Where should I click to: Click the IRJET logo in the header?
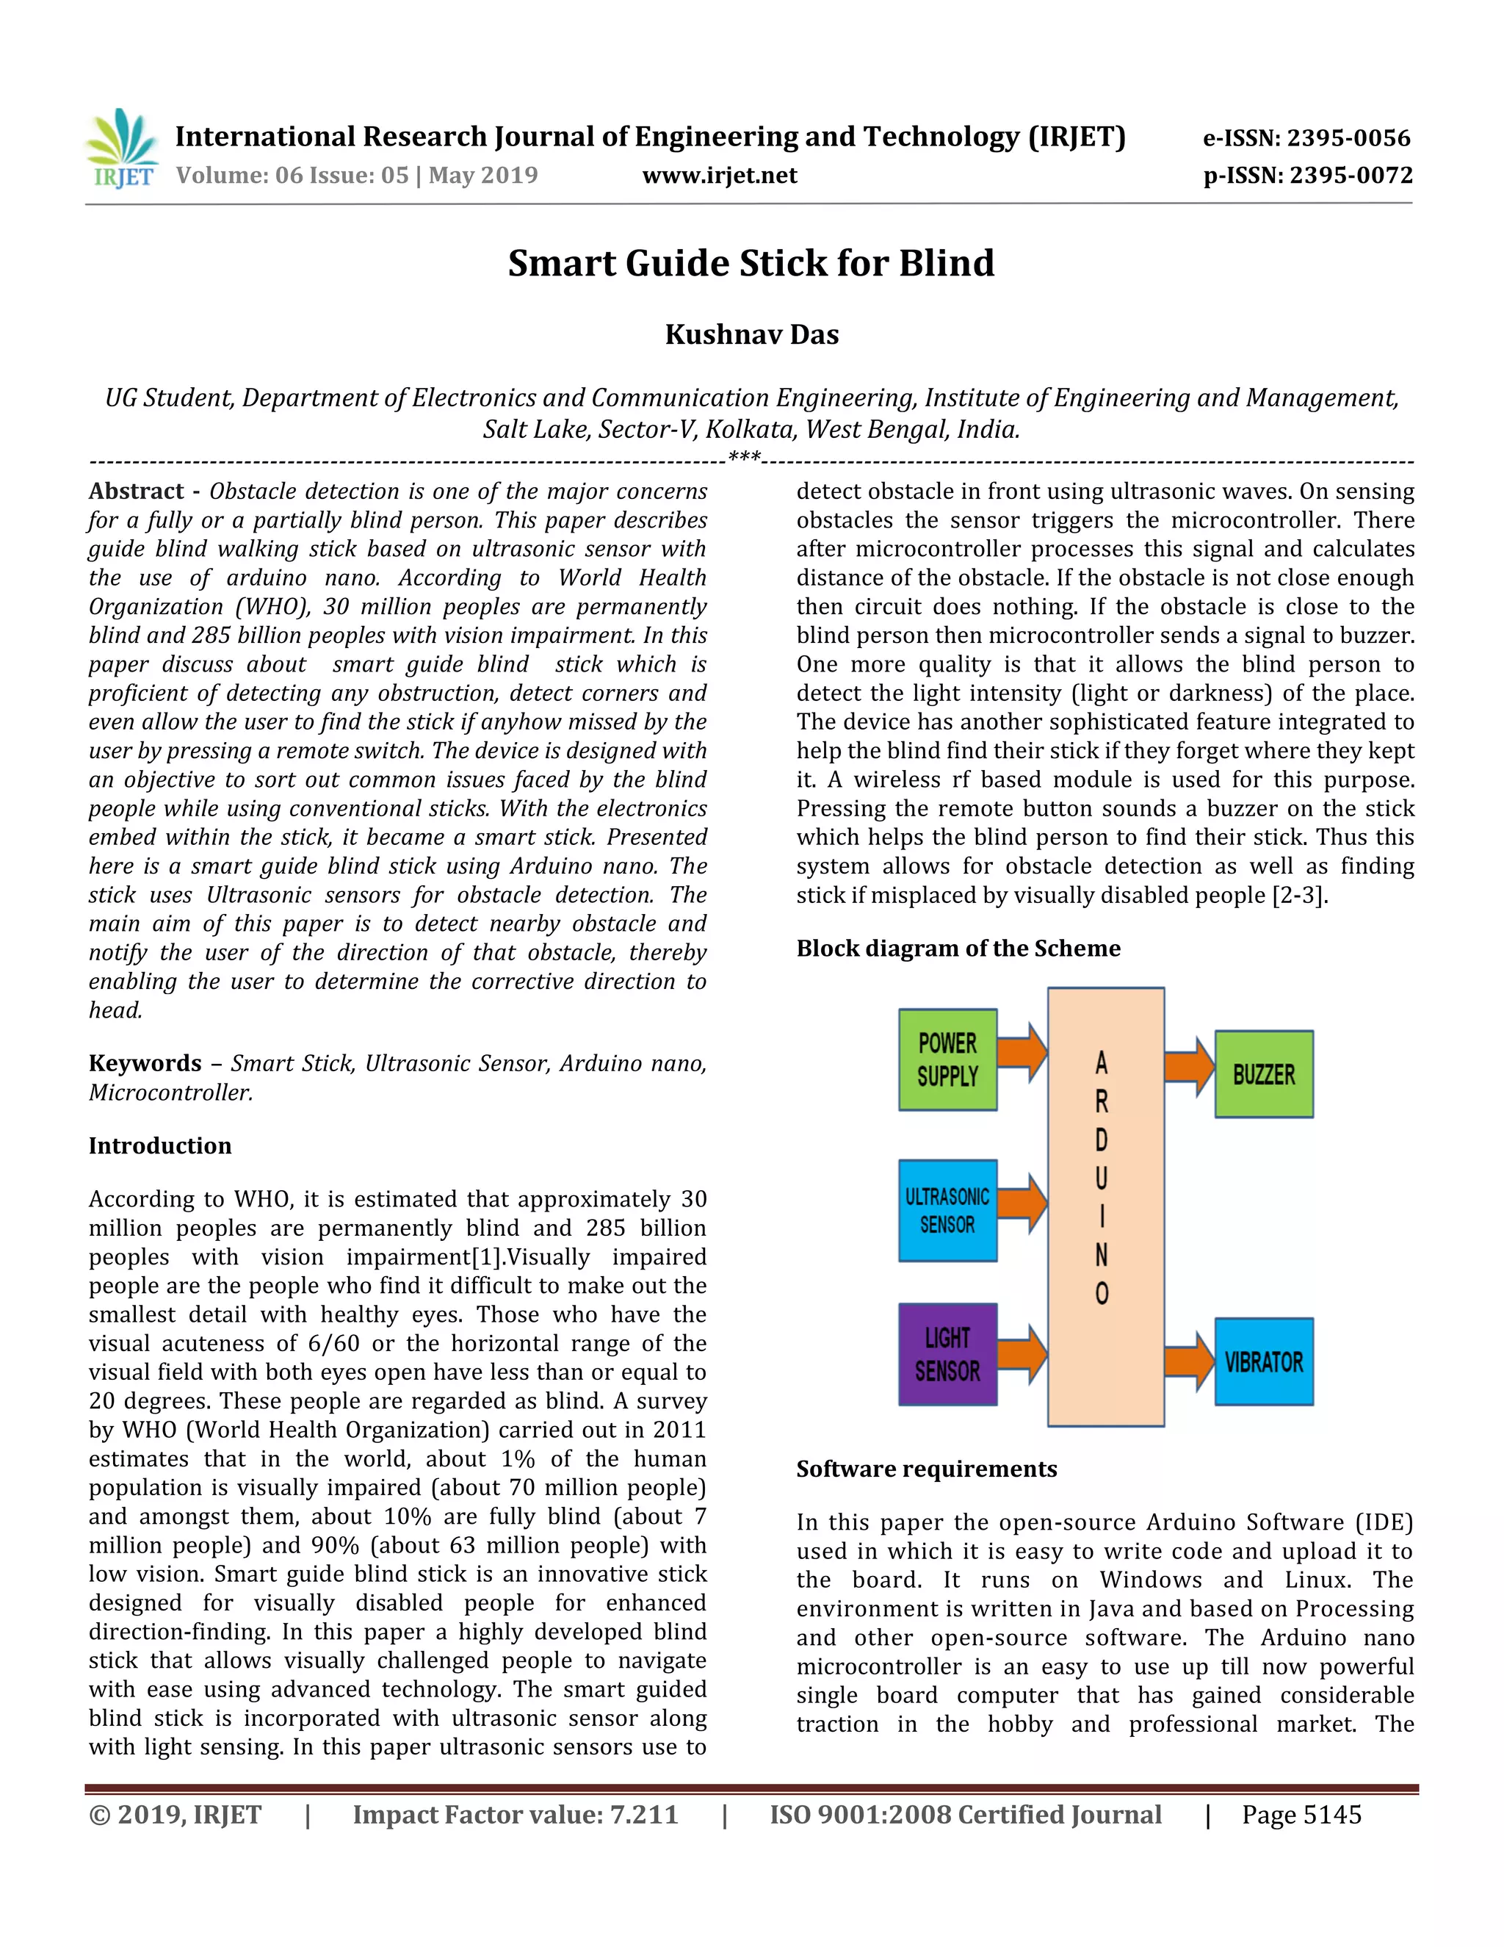(122, 149)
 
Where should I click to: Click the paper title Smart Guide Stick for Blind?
(751, 263)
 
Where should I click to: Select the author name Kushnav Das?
(751, 334)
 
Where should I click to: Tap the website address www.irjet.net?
(719, 175)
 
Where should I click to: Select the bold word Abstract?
(137, 492)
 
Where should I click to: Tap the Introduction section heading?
(159, 1145)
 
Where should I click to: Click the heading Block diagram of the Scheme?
(958, 948)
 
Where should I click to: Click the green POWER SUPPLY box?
(947, 1059)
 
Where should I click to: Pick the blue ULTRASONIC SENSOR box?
(947, 1210)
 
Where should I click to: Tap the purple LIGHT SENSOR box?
(947, 1354)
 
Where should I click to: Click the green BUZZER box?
(1263, 1074)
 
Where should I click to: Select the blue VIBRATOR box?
(1263, 1361)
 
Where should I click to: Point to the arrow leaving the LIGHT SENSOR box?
(1022, 1354)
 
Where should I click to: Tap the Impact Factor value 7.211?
(643, 1815)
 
